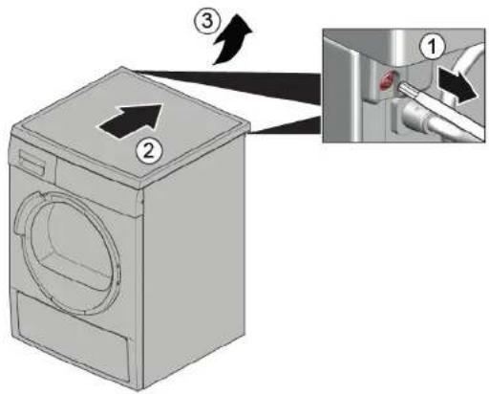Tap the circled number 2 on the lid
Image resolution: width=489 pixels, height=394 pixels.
click(145, 147)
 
